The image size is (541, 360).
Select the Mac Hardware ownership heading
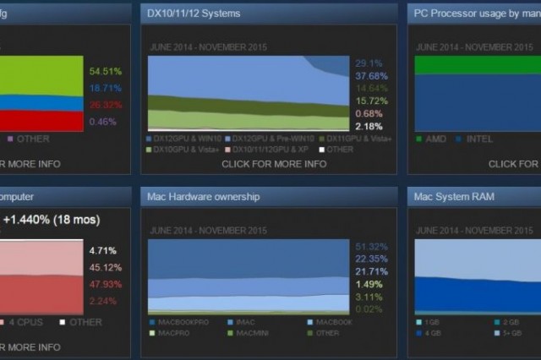pyautogui.click(x=203, y=197)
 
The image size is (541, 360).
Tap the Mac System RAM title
pyautogui.click(x=454, y=197)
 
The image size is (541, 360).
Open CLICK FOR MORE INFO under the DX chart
pyautogui.click(x=274, y=164)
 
